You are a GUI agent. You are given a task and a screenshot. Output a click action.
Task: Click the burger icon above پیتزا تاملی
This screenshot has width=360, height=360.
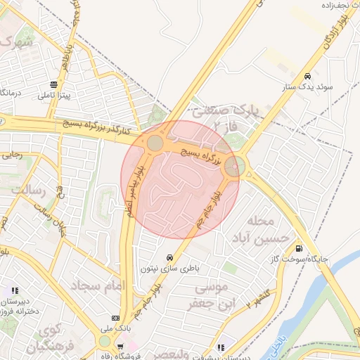coord(54,84)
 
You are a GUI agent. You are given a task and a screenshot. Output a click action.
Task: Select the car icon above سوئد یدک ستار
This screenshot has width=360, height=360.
coord(307,76)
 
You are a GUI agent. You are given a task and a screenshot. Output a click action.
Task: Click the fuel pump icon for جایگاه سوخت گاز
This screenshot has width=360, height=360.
coord(300,247)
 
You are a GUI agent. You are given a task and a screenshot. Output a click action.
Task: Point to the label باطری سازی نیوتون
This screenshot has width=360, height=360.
coord(169,268)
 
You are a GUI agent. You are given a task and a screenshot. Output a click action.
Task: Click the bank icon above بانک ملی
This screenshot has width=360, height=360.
coord(116,318)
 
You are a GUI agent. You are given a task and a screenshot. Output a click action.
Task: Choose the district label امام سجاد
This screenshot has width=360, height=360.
coord(97,285)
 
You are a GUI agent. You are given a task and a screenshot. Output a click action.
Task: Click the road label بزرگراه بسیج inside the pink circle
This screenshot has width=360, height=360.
coord(201,156)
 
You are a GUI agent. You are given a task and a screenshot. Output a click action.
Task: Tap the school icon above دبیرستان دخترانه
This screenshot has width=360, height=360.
coord(15,290)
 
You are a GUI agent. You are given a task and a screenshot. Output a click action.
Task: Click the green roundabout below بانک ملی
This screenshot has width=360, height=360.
coord(105,341)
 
